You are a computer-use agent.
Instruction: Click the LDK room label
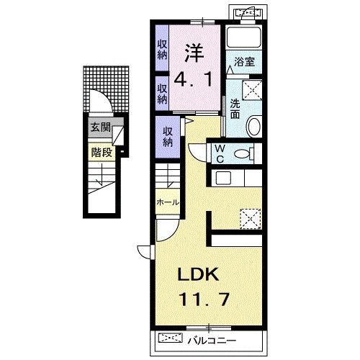click(198, 274)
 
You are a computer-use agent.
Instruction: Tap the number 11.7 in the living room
click(204, 299)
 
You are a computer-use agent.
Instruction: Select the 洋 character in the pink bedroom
click(194, 53)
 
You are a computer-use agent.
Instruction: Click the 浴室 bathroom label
click(244, 62)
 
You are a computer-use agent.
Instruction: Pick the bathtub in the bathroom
click(244, 37)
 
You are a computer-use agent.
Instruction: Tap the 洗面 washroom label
click(235, 109)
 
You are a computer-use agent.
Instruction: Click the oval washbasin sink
click(254, 126)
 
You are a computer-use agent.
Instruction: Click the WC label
click(220, 154)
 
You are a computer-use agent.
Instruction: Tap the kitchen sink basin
click(223, 178)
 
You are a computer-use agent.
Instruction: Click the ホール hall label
click(168, 202)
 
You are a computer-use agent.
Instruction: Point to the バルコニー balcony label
click(212, 341)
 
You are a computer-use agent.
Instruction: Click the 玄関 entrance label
click(100, 127)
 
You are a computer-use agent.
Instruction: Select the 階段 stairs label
click(102, 152)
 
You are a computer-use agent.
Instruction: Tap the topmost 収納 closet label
click(163, 50)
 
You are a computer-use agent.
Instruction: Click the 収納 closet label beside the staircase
click(168, 137)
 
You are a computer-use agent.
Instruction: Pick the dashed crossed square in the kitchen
click(251, 219)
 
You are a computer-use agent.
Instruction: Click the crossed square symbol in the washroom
click(252, 90)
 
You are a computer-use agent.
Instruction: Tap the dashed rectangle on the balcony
click(171, 338)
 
